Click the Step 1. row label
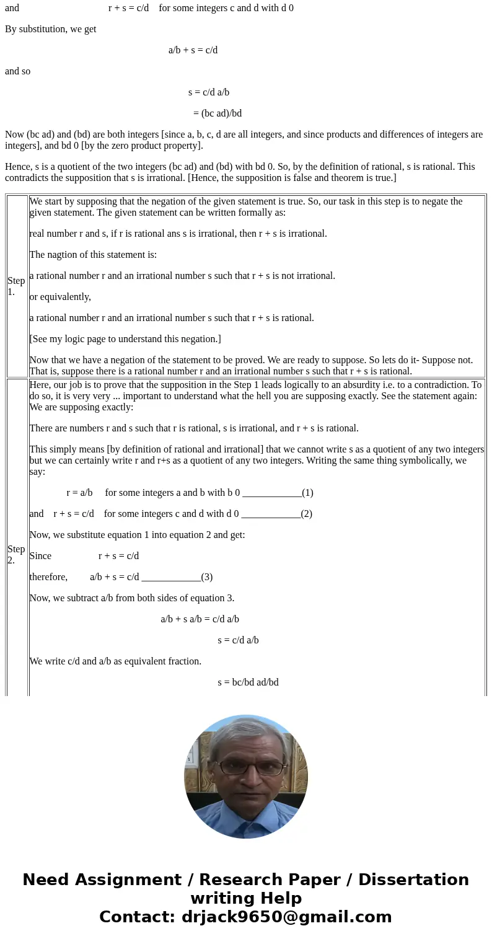tap(16, 286)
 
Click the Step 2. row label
tap(16, 554)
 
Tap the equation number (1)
tap(307, 493)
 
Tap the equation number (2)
tap(306, 514)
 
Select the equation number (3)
tap(207, 577)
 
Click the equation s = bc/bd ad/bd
tap(248, 682)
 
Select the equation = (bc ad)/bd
tap(217, 113)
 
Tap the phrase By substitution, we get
tap(50, 29)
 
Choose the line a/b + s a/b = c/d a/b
tap(200, 619)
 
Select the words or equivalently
tap(60, 297)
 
